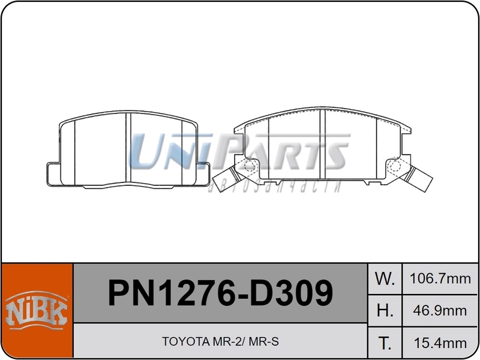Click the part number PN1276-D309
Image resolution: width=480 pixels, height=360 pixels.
pyautogui.click(x=220, y=293)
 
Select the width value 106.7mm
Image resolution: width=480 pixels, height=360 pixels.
pyautogui.click(x=440, y=279)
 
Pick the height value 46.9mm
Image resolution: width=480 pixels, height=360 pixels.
pyautogui.click(x=440, y=311)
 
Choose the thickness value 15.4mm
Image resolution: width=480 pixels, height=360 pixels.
pyautogui.click(x=440, y=343)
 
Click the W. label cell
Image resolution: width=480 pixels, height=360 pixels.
pyautogui.click(x=384, y=279)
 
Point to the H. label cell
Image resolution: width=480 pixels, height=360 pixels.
pyautogui.click(x=384, y=311)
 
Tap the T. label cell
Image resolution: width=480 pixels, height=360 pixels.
pyautogui.click(x=384, y=343)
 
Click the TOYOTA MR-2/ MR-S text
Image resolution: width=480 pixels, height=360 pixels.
pyautogui.click(x=220, y=342)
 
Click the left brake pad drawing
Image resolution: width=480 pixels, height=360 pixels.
pyautogui.click(x=127, y=150)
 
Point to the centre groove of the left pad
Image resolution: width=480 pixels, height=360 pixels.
pyautogui.click(x=128, y=150)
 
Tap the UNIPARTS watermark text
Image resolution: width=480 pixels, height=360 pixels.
pyautogui.click(x=240, y=153)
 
